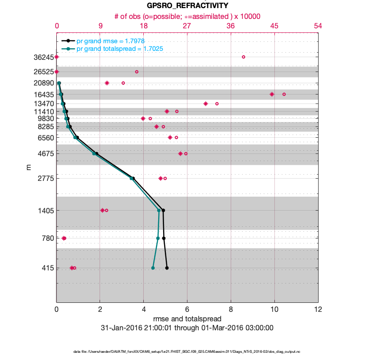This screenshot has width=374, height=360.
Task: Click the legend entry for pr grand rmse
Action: [110, 41]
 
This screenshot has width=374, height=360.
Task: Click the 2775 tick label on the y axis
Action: [45, 179]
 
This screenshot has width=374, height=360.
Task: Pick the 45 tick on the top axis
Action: [274, 26]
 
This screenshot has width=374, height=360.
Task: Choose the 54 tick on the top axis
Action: [318, 26]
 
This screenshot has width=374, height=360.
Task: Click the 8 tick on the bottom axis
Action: [231, 310]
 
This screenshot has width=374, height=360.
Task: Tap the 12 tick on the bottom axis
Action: [318, 310]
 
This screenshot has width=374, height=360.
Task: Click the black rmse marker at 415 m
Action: [167, 268]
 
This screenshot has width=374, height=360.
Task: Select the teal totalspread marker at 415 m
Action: [153, 268]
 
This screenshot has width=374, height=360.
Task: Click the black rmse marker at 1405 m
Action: [163, 210]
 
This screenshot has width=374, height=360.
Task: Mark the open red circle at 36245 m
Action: [243, 57]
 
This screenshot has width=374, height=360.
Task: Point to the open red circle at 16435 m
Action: [284, 94]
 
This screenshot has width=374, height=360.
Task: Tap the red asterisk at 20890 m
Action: [107, 83]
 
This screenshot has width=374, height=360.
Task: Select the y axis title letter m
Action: [28, 167]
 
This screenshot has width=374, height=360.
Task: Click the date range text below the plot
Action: [187, 328]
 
